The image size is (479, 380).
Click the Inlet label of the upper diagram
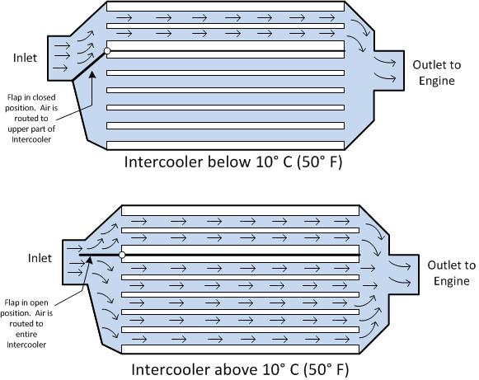[x=25, y=58]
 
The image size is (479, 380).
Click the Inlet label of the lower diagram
[x=40, y=258]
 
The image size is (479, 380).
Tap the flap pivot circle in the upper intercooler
[x=107, y=51]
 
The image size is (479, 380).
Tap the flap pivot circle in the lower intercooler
[x=122, y=255]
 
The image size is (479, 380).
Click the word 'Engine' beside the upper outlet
[x=436, y=82]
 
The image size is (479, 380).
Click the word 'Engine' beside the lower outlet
[x=452, y=281]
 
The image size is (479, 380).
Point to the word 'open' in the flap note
[x=40, y=303]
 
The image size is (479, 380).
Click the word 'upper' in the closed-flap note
[x=17, y=129]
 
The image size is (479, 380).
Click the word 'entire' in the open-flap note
[x=26, y=334]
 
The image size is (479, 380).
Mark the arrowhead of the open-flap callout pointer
[x=89, y=260]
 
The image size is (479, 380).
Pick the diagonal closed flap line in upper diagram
[x=90, y=65]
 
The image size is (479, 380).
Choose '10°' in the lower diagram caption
[x=275, y=369]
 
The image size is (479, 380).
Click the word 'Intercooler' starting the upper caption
[x=164, y=162]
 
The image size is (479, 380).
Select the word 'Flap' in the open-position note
[x=12, y=303]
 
